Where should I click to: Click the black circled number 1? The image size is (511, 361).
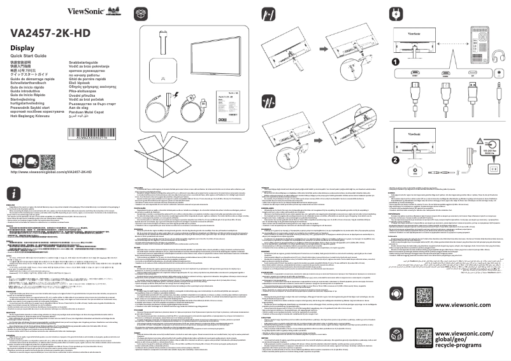396,62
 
